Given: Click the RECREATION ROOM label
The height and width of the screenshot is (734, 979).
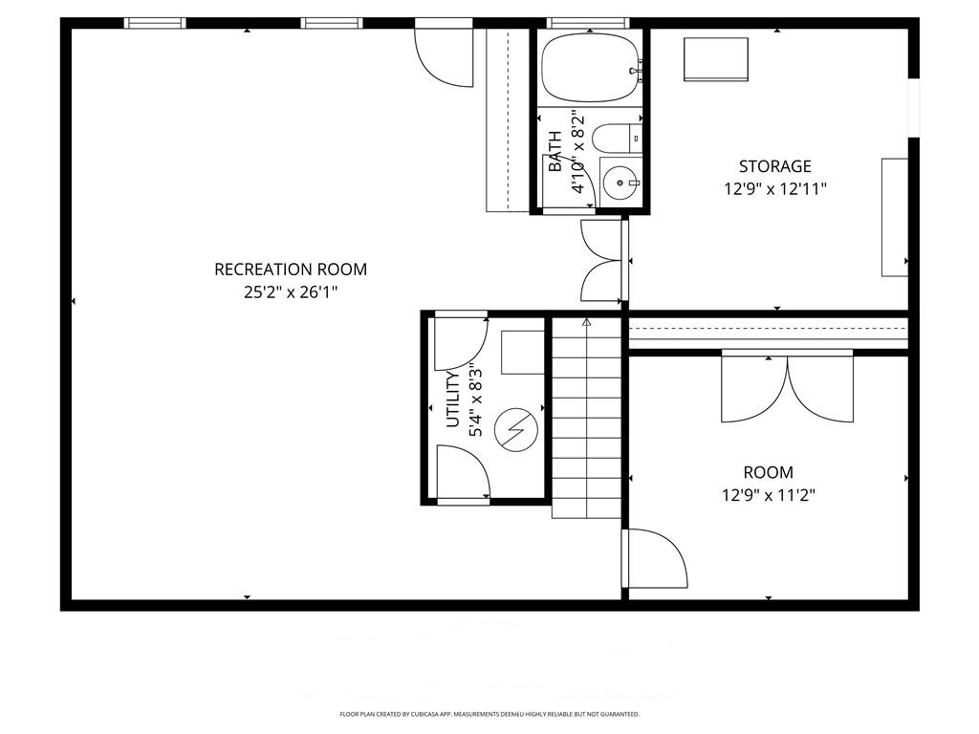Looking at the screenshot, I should coord(291,270).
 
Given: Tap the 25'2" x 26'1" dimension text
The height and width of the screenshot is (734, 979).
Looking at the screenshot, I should coord(291,292).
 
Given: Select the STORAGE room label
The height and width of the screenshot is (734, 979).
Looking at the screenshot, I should coord(774,166).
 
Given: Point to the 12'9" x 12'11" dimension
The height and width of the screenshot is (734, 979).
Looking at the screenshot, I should coord(774,189).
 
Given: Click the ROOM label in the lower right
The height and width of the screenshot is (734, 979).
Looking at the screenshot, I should coord(768,472).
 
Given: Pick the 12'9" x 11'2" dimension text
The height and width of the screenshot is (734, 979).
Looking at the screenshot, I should coord(768,495).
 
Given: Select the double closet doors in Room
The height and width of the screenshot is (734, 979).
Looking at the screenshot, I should coord(787,387).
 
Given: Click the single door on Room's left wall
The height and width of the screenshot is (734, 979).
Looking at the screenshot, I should coord(655,559).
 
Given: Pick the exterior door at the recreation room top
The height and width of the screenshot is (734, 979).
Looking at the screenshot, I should coord(446,54).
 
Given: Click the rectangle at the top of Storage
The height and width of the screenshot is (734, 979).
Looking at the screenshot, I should coord(715,59).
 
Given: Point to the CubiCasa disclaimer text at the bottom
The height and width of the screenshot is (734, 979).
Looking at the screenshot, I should coord(489,714).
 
